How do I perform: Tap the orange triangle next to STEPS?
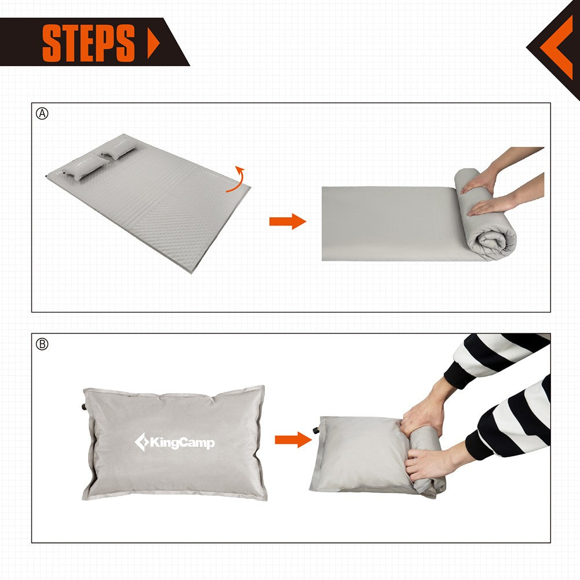pyautogui.click(x=153, y=42)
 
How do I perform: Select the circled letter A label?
pyautogui.click(x=42, y=114)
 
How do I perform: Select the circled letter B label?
pyautogui.click(x=42, y=344)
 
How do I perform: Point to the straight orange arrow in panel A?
pyautogui.click(x=287, y=221)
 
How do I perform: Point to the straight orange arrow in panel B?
pyautogui.click(x=293, y=439)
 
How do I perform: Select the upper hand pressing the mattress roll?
pyautogui.click(x=479, y=181)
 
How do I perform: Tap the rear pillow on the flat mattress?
pyautogui.click(x=119, y=152)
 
